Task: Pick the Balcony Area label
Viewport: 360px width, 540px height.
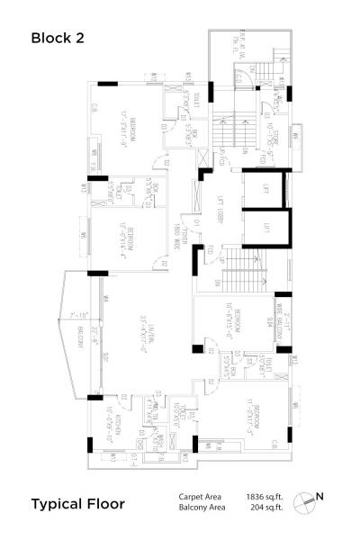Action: point(199,508)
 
